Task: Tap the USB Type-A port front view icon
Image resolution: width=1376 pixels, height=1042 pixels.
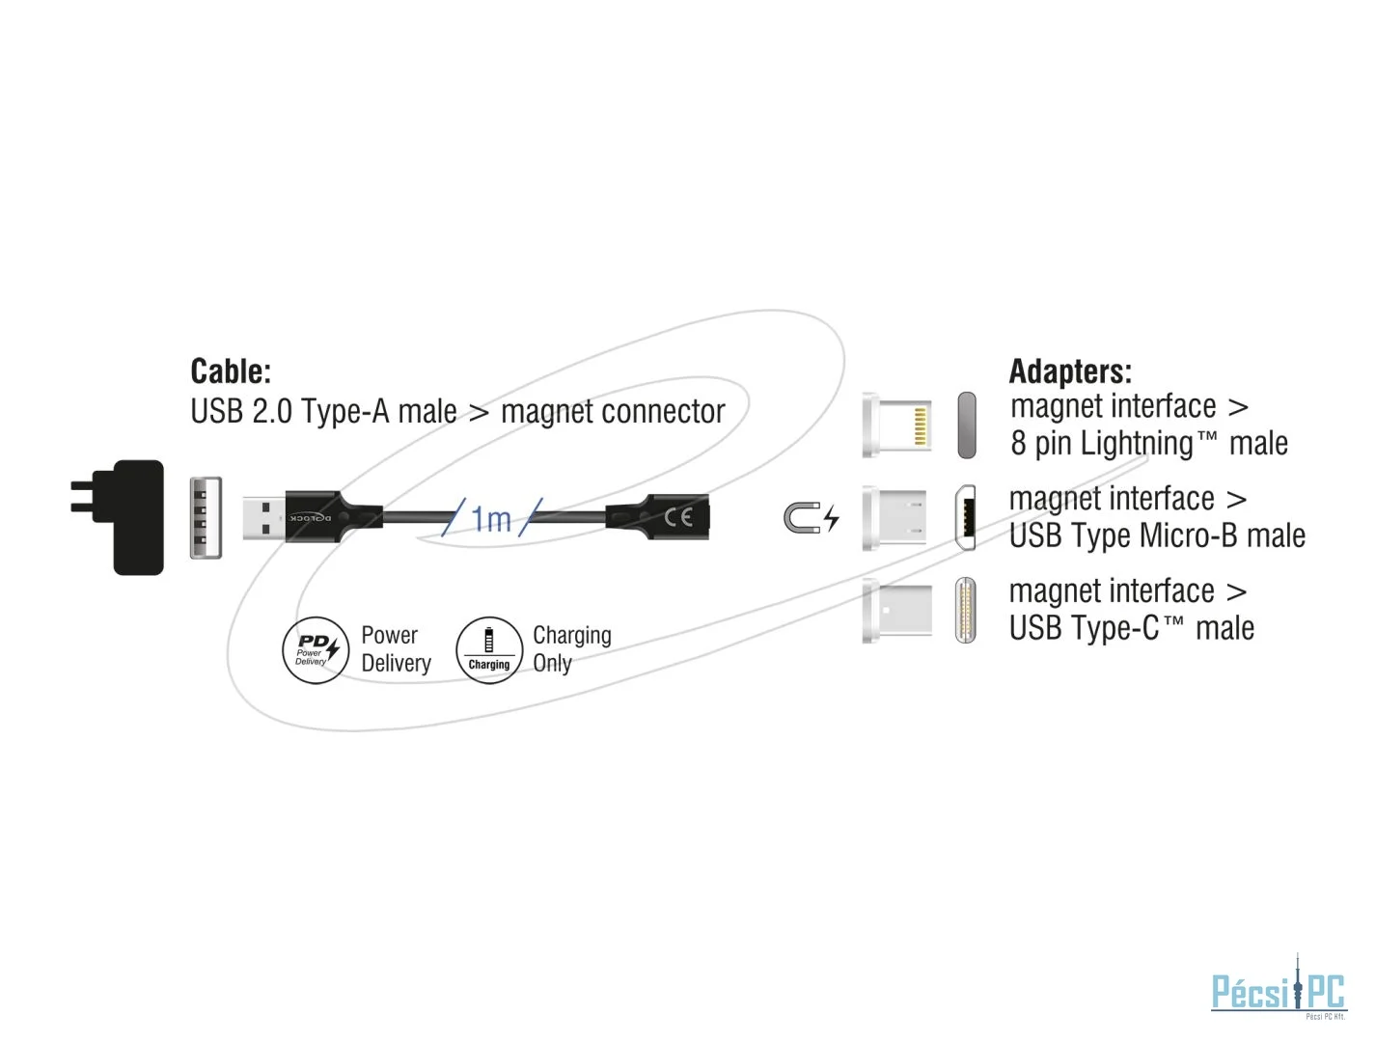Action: point(206,517)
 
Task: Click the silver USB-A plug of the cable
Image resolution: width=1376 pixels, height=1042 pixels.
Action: point(263,517)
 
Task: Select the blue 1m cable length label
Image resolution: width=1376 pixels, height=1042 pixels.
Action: point(491,519)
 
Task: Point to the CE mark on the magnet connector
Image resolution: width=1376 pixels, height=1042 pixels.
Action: point(677,517)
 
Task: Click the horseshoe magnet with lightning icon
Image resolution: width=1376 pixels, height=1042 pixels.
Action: point(811,518)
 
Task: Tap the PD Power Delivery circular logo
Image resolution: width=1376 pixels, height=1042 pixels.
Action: point(315,650)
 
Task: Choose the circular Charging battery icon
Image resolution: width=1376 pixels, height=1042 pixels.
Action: point(488,650)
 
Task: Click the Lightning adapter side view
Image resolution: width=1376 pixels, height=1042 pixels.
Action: point(897,425)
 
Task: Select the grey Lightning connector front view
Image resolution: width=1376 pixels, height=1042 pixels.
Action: point(966,425)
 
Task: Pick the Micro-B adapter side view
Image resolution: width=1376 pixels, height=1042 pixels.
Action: point(894,518)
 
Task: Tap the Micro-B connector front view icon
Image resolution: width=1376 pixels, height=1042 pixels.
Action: point(965,518)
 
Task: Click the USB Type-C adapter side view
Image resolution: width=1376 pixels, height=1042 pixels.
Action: point(897,610)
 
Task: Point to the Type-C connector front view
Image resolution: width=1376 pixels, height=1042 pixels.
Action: point(965,610)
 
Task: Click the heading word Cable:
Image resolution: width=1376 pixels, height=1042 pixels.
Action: point(231,371)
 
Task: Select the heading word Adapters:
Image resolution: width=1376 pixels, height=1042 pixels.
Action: point(1069,371)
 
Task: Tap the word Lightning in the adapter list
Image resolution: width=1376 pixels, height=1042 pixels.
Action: point(1137,444)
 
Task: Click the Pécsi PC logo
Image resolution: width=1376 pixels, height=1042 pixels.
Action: point(1278,990)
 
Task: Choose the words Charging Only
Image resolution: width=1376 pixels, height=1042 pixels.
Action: point(571,649)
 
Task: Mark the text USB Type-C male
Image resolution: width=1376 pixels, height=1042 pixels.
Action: point(1131,629)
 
